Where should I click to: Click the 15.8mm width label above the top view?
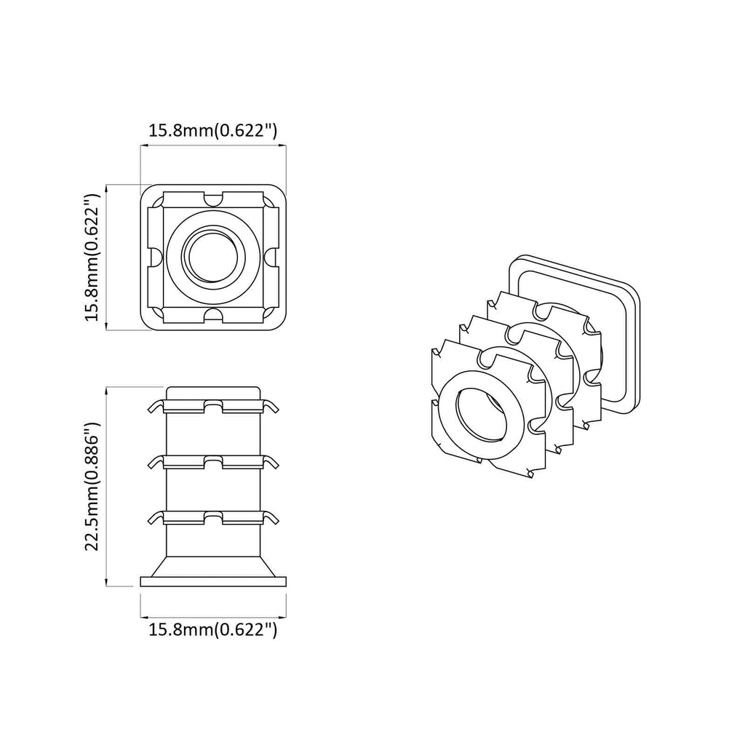click(x=212, y=131)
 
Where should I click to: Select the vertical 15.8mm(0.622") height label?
click(x=91, y=258)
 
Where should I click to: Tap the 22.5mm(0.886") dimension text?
click(x=91, y=486)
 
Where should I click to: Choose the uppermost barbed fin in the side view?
click(x=212, y=406)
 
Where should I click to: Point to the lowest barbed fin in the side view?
click(x=212, y=517)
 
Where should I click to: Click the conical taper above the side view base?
click(x=212, y=567)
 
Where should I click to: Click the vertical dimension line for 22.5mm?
click(x=107, y=486)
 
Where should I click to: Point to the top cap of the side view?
click(x=212, y=392)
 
